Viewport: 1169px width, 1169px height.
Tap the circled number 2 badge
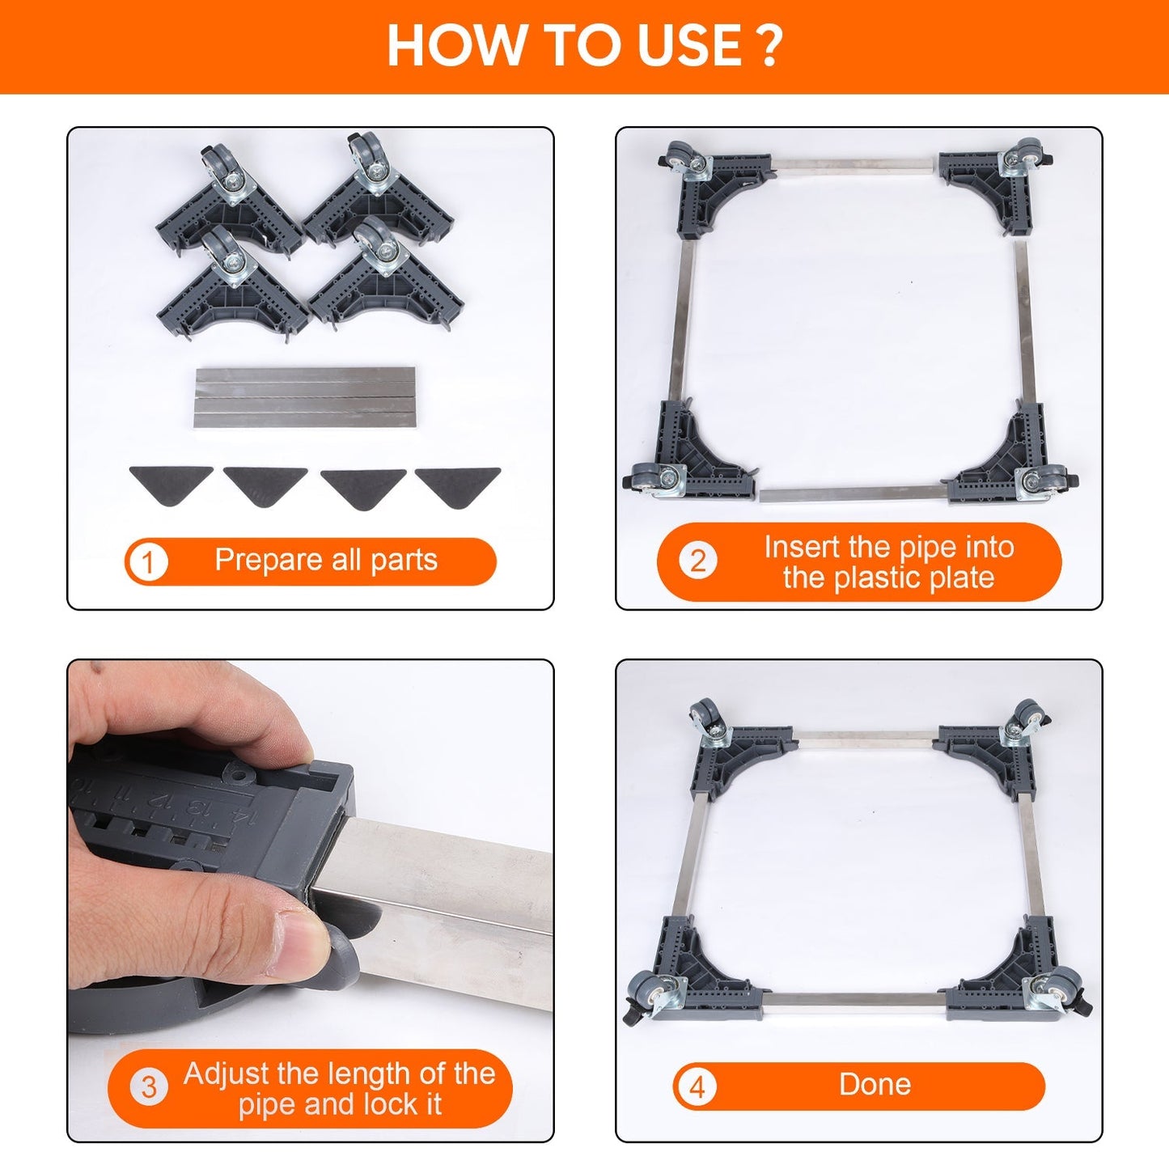(x=697, y=561)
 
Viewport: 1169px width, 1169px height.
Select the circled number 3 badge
(x=149, y=1086)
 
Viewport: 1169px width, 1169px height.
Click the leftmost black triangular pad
(x=171, y=485)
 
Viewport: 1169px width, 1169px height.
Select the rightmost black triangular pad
(x=458, y=487)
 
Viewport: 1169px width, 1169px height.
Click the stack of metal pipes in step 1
(x=306, y=396)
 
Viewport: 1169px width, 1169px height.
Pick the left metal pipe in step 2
(x=683, y=321)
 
